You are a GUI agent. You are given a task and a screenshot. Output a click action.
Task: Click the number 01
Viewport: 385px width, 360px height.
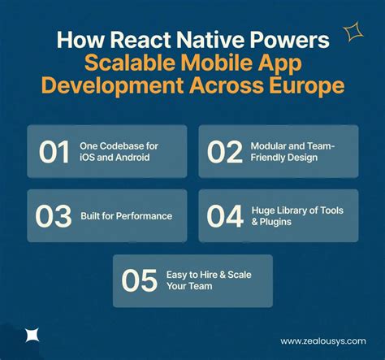click(53, 152)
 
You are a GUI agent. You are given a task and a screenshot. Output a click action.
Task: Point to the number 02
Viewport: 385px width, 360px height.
click(225, 152)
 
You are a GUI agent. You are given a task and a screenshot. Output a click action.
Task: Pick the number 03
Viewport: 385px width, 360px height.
click(53, 217)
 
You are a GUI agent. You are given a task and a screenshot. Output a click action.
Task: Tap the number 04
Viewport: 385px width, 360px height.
click(225, 217)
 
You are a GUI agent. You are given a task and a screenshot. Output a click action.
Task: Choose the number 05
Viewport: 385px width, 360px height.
click(140, 281)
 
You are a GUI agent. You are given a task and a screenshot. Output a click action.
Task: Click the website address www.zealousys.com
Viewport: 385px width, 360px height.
click(322, 341)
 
